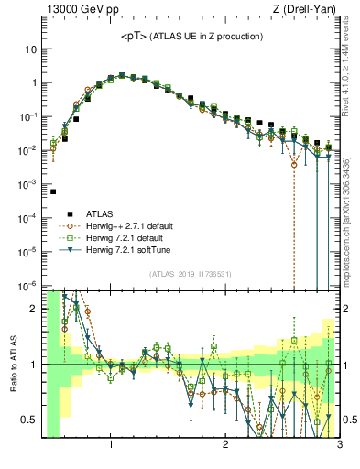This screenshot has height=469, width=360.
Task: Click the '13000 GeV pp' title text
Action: tap(82, 10)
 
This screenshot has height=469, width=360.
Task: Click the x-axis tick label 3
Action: tap(339, 446)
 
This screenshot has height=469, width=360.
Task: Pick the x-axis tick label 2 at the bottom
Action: tap(225, 446)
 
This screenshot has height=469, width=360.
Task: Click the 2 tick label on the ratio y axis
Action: tap(34, 309)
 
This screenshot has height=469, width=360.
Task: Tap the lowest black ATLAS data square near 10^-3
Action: tap(53, 191)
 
